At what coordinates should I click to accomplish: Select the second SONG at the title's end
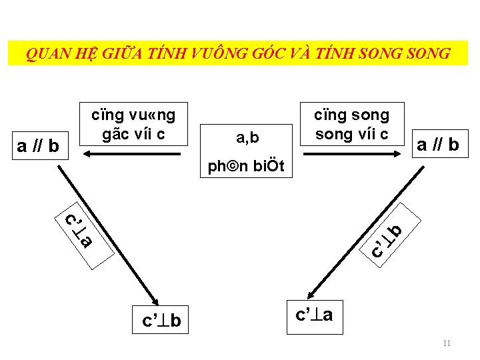tap(425, 53)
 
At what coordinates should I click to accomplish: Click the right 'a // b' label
tap(437, 144)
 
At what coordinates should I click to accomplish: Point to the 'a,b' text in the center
tap(247, 138)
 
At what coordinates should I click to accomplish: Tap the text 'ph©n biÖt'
tap(246, 166)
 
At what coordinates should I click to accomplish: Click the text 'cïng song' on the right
tap(351, 114)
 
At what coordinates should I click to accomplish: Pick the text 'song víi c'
tap(351, 133)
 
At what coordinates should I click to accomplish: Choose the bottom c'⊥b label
tap(161, 321)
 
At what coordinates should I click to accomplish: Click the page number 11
tap(446, 343)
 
